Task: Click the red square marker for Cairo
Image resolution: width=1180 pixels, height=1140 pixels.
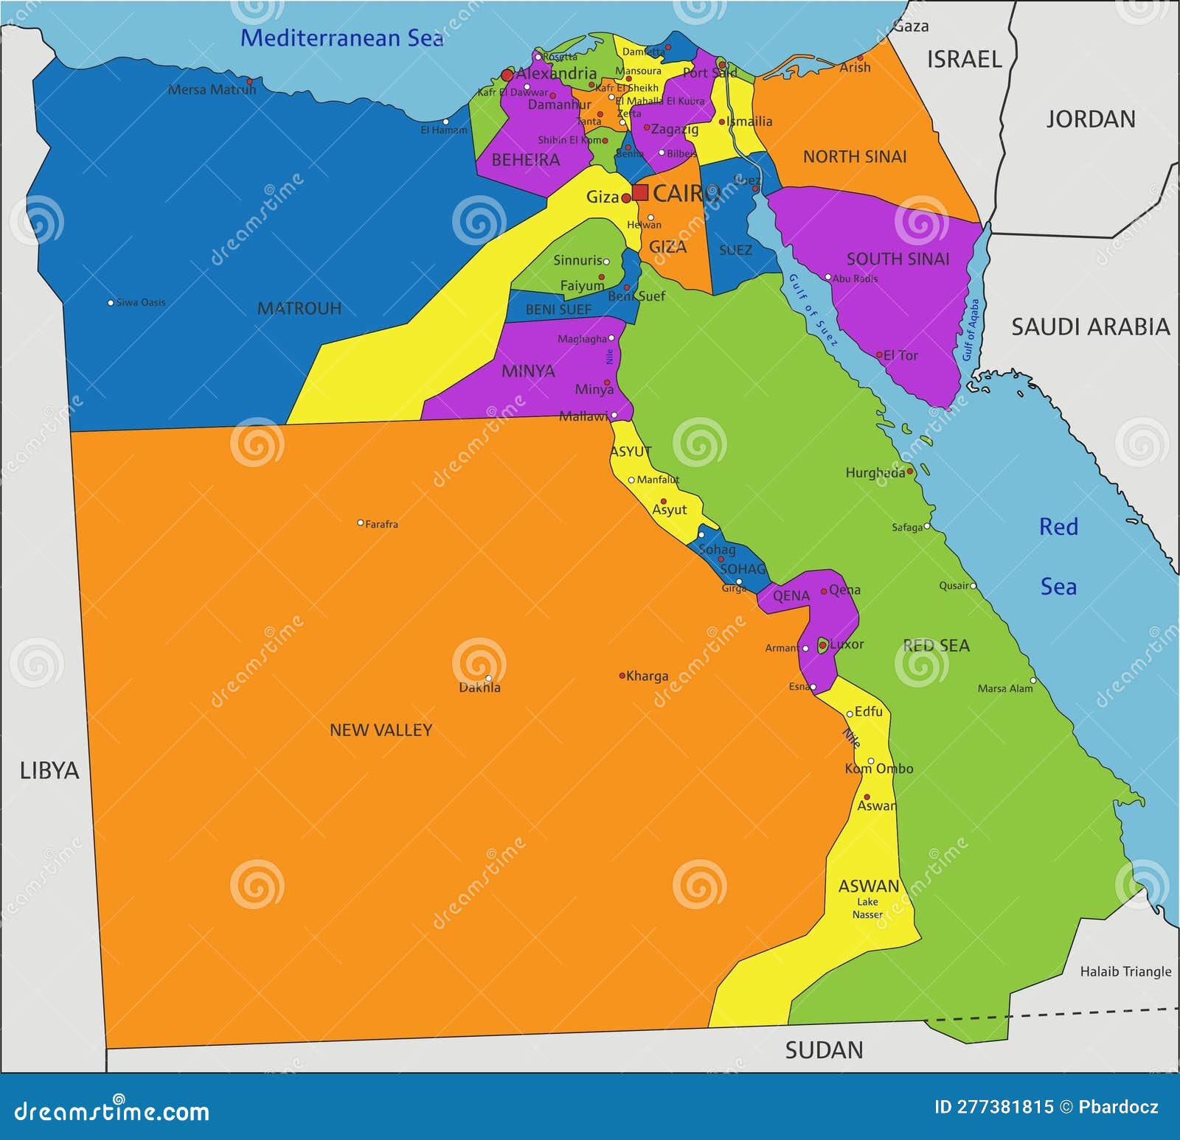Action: coord(640,193)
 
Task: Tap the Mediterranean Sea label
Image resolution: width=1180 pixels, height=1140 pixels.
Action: coord(341,38)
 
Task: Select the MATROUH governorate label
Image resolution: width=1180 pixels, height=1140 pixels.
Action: coord(299,308)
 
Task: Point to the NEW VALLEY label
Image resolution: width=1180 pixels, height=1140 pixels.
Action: coord(381,730)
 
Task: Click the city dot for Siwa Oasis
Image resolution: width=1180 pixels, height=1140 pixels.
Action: coord(111,303)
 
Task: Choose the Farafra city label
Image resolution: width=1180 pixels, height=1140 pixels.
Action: coord(381,525)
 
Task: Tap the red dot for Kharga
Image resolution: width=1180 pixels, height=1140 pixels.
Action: coord(622,675)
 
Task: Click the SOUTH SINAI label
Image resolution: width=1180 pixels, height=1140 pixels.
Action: coord(898,259)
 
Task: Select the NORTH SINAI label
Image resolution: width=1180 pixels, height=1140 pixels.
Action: coord(854,156)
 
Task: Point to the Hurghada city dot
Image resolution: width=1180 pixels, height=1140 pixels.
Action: coord(909,471)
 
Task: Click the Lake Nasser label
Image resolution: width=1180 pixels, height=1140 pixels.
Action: coord(867,908)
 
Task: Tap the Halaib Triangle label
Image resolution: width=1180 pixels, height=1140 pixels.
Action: coord(1125,971)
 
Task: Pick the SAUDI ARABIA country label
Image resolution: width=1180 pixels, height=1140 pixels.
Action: coord(1090,326)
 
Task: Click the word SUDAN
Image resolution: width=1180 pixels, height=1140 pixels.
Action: coord(824,1050)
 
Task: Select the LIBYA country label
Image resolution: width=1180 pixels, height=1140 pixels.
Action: coord(49,771)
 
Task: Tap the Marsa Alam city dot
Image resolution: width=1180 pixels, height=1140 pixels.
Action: coord(1033,680)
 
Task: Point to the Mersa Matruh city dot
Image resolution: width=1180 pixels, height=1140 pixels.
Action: coord(249,82)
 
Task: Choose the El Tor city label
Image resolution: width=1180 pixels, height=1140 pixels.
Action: coord(900,355)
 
